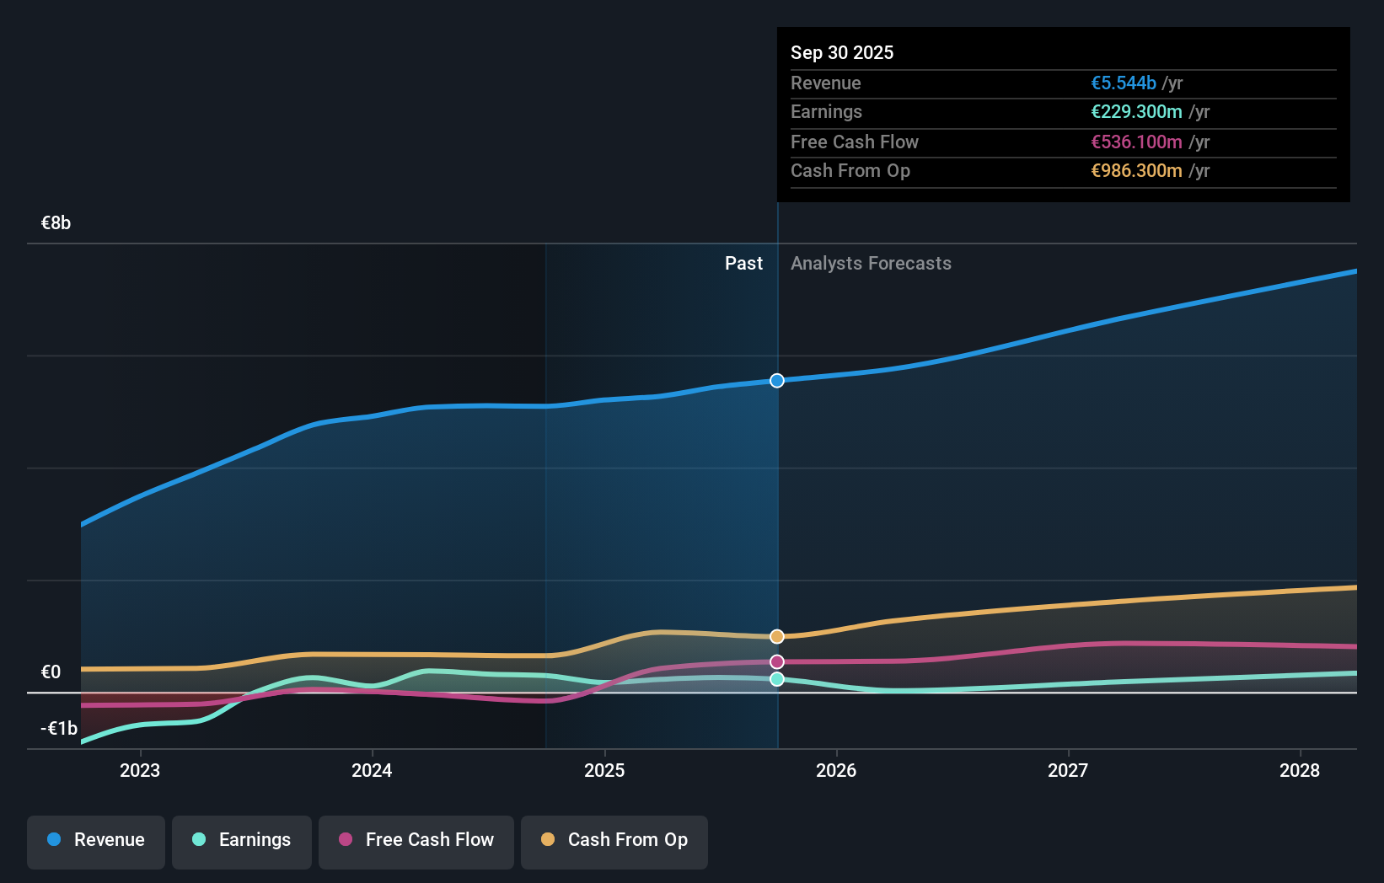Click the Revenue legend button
[96, 840]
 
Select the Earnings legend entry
[242, 840]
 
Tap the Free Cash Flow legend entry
[416, 840]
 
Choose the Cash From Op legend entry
[614, 840]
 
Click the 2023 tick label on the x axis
[140, 770]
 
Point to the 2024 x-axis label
[372, 770]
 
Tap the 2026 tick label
[836, 770]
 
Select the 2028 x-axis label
[1300, 770]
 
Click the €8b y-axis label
[56, 223]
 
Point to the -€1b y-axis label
[59, 729]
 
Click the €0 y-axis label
[51, 672]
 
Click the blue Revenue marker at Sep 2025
[777, 381]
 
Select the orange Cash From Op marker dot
[777, 636]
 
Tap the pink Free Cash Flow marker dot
[777, 661]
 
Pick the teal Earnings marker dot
[777, 679]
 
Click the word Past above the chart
[743, 264]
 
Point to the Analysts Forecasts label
[871, 264]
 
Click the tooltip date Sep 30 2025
[842, 52]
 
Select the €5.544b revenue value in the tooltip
[1123, 83]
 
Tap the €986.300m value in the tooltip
[1136, 171]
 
